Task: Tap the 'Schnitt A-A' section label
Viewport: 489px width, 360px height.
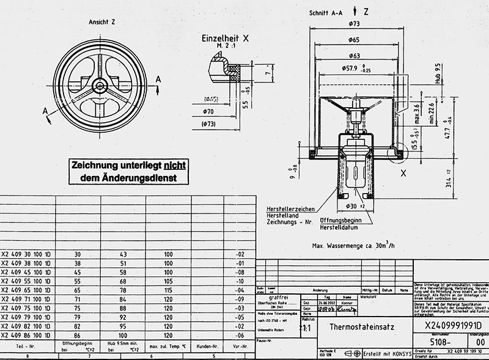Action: point(326,12)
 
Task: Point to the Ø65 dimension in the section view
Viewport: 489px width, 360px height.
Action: point(354,39)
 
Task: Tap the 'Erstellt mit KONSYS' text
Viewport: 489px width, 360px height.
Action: point(383,353)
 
